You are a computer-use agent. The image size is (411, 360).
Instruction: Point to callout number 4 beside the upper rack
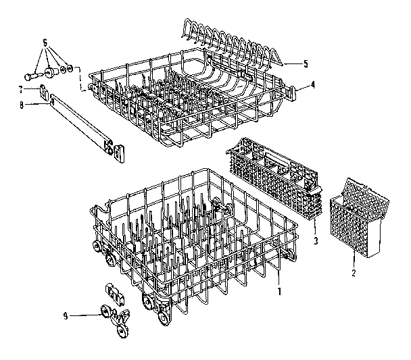point(312,85)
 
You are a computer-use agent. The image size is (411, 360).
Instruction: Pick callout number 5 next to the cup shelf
point(305,64)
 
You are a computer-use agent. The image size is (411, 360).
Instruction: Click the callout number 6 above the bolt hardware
point(45,42)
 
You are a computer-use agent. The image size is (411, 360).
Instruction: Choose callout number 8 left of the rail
point(21,105)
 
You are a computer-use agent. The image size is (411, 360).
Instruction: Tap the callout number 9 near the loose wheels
point(66,315)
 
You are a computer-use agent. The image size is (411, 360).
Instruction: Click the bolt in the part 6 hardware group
point(33,74)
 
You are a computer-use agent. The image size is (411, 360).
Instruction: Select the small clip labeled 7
point(44,88)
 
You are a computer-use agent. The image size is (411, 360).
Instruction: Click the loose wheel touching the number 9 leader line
point(105,311)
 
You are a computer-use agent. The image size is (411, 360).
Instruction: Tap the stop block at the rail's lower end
point(119,154)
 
